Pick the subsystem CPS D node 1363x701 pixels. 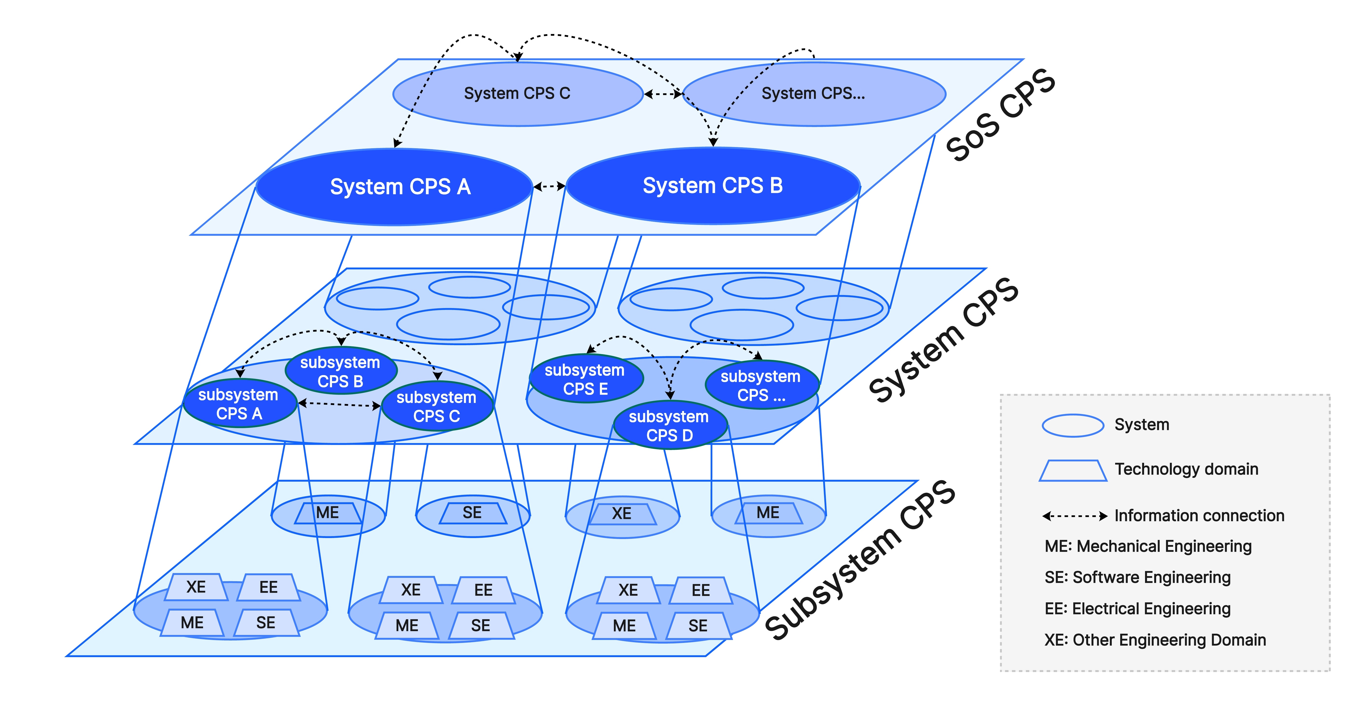pos(669,426)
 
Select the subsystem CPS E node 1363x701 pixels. pos(585,379)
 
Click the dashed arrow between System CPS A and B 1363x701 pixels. pos(549,186)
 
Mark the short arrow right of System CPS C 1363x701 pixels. pos(663,94)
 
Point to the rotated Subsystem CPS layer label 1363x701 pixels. pos(860,561)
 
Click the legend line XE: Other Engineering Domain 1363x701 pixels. pos(1154,640)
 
